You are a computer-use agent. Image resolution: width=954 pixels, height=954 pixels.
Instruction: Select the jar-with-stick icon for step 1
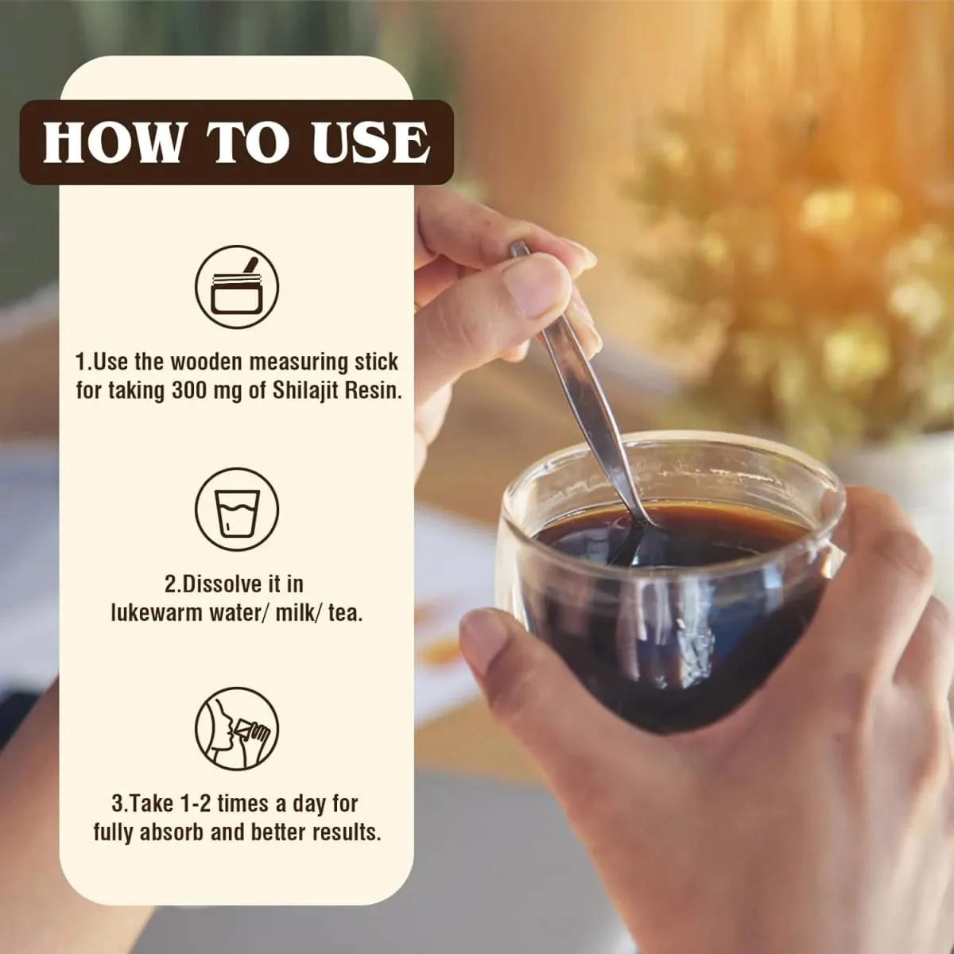(x=237, y=287)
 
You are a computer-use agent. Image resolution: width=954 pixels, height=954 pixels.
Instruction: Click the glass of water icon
(x=237, y=510)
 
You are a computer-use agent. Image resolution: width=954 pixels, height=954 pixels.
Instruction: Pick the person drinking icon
(x=237, y=729)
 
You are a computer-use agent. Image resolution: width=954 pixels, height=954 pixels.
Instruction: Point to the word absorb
(x=172, y=832)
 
